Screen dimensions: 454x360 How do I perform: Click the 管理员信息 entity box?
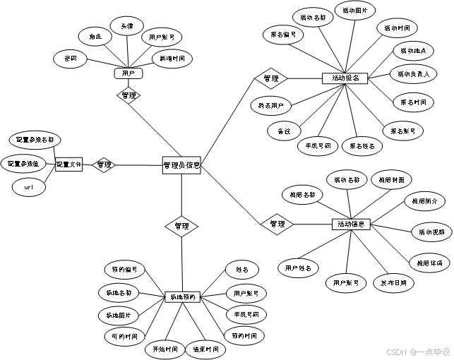(x=181, y=166)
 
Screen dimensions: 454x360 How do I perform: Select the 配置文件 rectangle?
(x=69, y=164)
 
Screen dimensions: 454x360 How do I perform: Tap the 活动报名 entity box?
(x=345, y=78)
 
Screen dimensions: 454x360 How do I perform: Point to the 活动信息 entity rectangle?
(x=351, y=224)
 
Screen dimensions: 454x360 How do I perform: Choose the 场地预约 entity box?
(x=183, y=297)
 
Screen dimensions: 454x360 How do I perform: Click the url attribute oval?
(x=29, y=188)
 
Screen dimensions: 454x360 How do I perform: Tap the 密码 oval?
(x=71, y=59)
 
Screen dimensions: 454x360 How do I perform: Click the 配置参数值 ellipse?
(x=23, y=164)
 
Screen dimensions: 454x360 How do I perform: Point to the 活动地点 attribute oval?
(x=414, y=51)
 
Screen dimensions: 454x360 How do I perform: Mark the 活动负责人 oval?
(x=414, y=73)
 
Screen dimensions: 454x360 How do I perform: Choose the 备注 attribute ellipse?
(x=285, y=131)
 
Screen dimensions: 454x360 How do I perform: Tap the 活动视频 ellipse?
(x=432, y=232)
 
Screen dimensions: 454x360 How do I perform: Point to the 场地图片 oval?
(x=118, y=315)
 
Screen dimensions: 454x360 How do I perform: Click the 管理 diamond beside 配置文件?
(x=104, y=164)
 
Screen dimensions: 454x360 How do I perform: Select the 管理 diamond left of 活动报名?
(x=271, y=78)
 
